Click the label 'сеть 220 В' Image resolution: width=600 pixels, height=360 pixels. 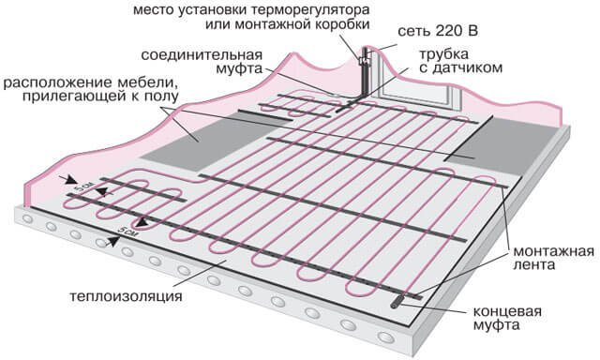coord(438,31)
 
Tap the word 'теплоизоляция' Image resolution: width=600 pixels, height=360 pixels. coord(126,296)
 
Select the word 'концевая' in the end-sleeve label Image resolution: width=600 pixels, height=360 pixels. coord(507,311)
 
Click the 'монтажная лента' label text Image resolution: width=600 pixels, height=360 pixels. coord(553,258)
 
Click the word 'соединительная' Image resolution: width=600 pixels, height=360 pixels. coord(202,55)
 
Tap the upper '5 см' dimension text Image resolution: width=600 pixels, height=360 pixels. coord(83,187)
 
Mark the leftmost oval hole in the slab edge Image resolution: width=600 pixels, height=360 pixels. coord(28,218)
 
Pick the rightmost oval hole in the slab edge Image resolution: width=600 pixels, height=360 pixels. coord(385,337)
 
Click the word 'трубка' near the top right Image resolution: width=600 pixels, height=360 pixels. coord(444,54)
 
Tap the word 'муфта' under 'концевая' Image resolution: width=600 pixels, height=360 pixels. coord(496,325)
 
